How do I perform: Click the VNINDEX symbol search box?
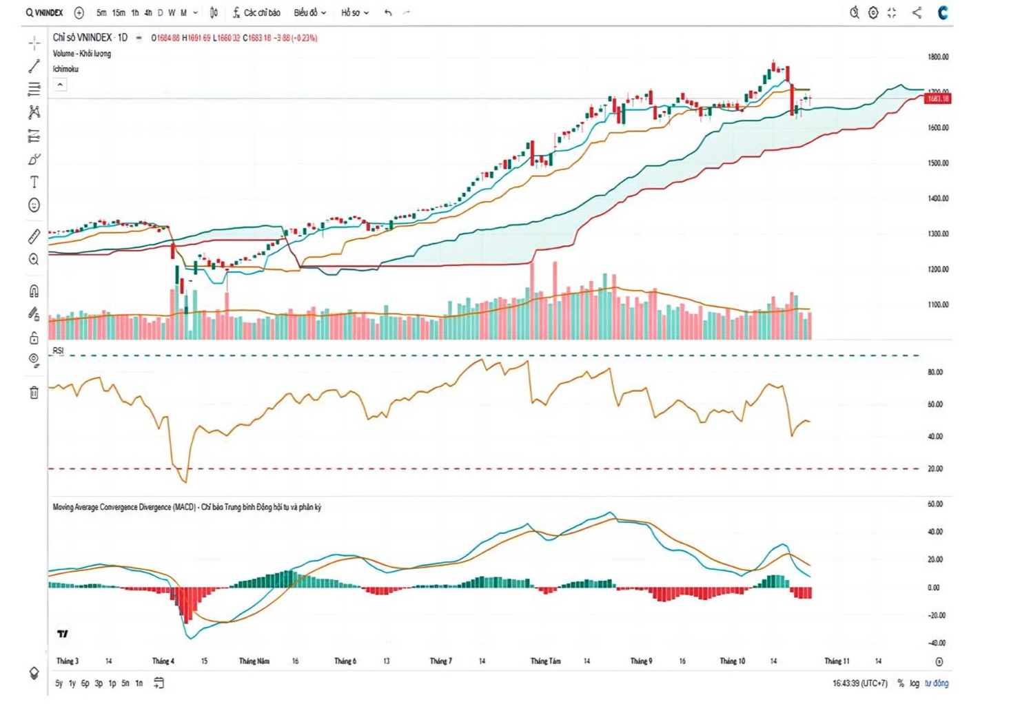[x=45, y=12]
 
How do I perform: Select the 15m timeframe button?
[x=119, y=12]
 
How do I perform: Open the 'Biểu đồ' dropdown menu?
[x=309, y=12]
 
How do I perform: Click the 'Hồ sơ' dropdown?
[x=355, y=12]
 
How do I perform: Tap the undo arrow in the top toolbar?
[x=388, y=12]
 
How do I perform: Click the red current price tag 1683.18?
[x=937, y=99]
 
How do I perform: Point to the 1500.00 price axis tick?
[x=938, y=163]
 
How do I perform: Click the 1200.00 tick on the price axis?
[x=938, y=269]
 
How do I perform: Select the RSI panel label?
[x=58, y=351]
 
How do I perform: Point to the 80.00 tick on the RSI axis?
[x=935, y=372]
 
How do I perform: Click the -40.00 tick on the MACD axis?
[x=936, y=643]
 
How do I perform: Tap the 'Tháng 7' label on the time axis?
[x=440, y=661]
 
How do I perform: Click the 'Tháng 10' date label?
[x=732, y=661]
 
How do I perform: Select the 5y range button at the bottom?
[x=59, y=683]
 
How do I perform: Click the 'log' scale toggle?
[x=914, y=683]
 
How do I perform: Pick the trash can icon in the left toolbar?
[x=34, y=393]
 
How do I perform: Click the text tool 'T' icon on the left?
[x=34, y=182]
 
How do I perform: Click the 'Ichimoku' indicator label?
[x=65, y=69]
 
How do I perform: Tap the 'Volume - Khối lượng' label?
[x=81, y=54]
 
